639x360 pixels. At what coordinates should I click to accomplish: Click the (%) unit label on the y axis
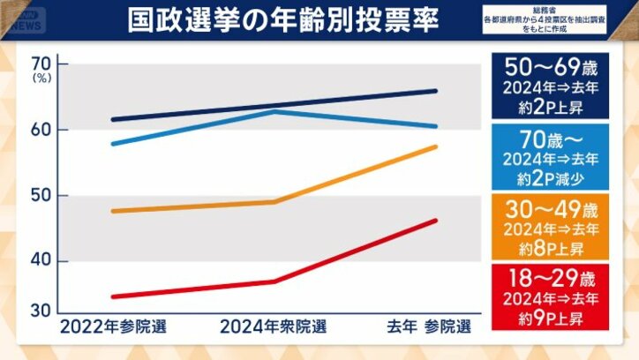(41, 79)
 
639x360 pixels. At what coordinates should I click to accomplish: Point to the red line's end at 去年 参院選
(436, 221)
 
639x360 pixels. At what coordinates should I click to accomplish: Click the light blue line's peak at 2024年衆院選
(275, 112)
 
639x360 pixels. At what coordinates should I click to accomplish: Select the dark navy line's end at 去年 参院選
(436, 91)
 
